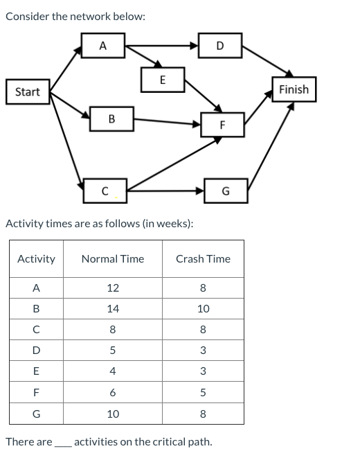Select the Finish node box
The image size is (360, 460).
click(x=294, y=89)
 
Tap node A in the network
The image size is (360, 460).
click(x=102, y=46)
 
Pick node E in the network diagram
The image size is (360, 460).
click(x=162, y=79)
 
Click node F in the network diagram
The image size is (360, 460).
click(x=222, y=125)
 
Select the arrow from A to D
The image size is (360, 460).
click(x=163, y=46)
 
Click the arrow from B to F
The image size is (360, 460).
click(x=166, y=122)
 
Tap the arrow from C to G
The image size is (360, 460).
click(x=166, y=190)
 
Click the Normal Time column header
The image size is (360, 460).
click(x=113, y=259)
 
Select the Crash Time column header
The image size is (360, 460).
click(x=203, y=259)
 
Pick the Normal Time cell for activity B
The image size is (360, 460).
click(x=113, y=309)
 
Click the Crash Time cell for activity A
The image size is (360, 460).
click(x=203, y=288)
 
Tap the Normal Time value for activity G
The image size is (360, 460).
click(x=113, y=414)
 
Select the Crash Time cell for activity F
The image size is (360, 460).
click(x=203, y=393)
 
